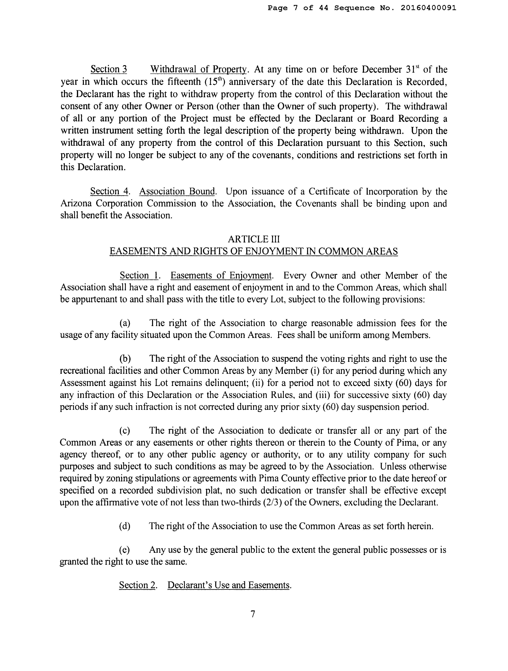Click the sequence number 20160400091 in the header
point(428,8)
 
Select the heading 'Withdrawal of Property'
point(199,70)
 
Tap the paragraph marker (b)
point(125,359)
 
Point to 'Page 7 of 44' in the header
point(298,8)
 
